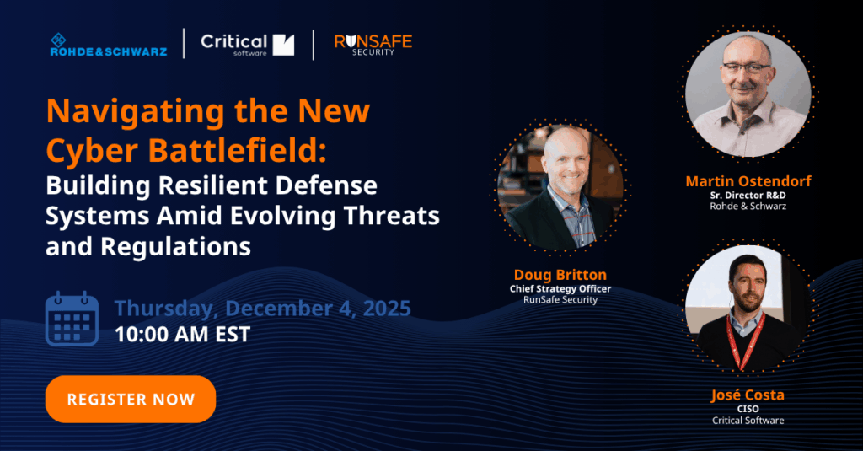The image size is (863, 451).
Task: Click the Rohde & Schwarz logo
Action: point(108,45)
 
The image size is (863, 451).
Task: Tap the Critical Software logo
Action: point(247,45)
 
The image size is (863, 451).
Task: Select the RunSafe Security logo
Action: point(373,45)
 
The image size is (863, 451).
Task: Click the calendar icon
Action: point(72,319)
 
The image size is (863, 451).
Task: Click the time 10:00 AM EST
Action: point(182,334)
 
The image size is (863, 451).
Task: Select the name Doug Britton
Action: point(560,275)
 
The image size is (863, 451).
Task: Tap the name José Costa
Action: point(748,395)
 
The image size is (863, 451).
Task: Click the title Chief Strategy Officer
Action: point(560,288)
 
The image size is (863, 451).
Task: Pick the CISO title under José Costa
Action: point(748,409)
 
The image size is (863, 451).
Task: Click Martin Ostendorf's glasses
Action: point(746,67)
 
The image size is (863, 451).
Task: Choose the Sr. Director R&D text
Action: point(748,193)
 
